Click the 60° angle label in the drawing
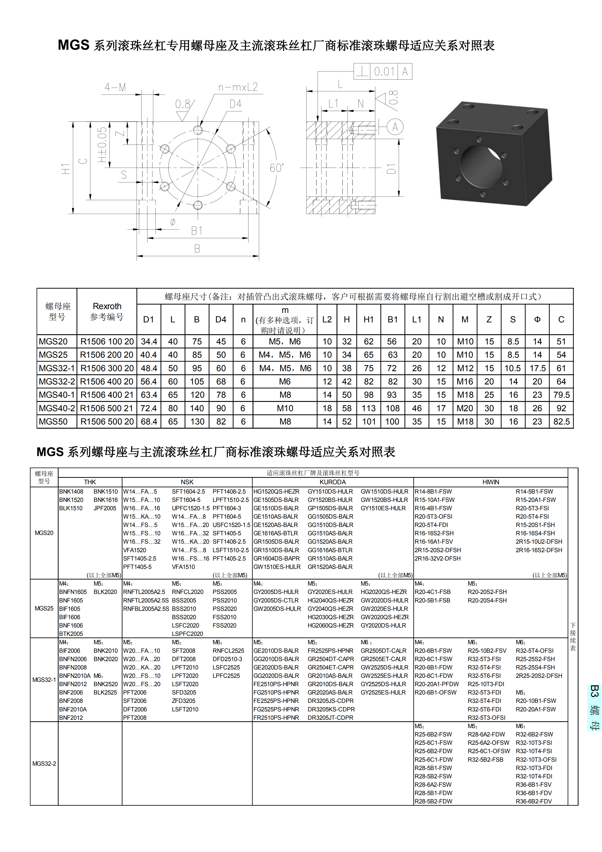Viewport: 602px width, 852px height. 277,168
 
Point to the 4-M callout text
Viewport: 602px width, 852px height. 115,88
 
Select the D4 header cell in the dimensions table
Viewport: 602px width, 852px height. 221,320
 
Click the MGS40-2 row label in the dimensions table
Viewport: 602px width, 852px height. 57,408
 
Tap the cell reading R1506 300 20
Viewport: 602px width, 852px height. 107,368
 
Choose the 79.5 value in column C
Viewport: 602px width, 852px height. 561,395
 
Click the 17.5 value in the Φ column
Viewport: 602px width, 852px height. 537,368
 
